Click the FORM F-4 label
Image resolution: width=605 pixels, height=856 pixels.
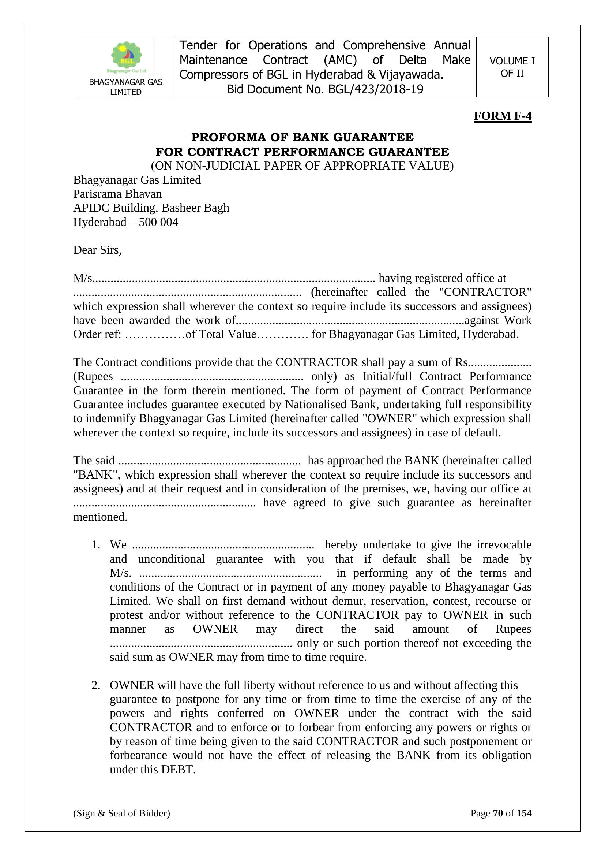[502, 116]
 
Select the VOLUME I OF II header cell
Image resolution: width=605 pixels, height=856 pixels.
[512, 67]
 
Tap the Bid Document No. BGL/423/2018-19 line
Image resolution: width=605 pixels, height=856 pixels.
[325, 89]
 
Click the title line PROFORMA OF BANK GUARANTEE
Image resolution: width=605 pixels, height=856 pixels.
[302, 137]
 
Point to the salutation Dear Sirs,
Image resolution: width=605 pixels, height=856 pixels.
[97, 250]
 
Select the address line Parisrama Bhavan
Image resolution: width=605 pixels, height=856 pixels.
[117, 194]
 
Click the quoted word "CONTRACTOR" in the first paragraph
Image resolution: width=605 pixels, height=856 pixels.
[485, 292]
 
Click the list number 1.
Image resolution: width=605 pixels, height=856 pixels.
[96, 545]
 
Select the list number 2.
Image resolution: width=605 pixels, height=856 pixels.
[96, 685]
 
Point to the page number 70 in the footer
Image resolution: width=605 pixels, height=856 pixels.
[498, 813]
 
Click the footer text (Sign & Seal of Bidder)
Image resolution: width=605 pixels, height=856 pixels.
[121, 813]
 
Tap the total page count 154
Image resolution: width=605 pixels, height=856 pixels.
[524, 813]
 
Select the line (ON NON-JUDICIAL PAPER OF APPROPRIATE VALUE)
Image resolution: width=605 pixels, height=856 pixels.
[302, 165]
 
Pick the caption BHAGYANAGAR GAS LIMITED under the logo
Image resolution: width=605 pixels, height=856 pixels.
[125, 87]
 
